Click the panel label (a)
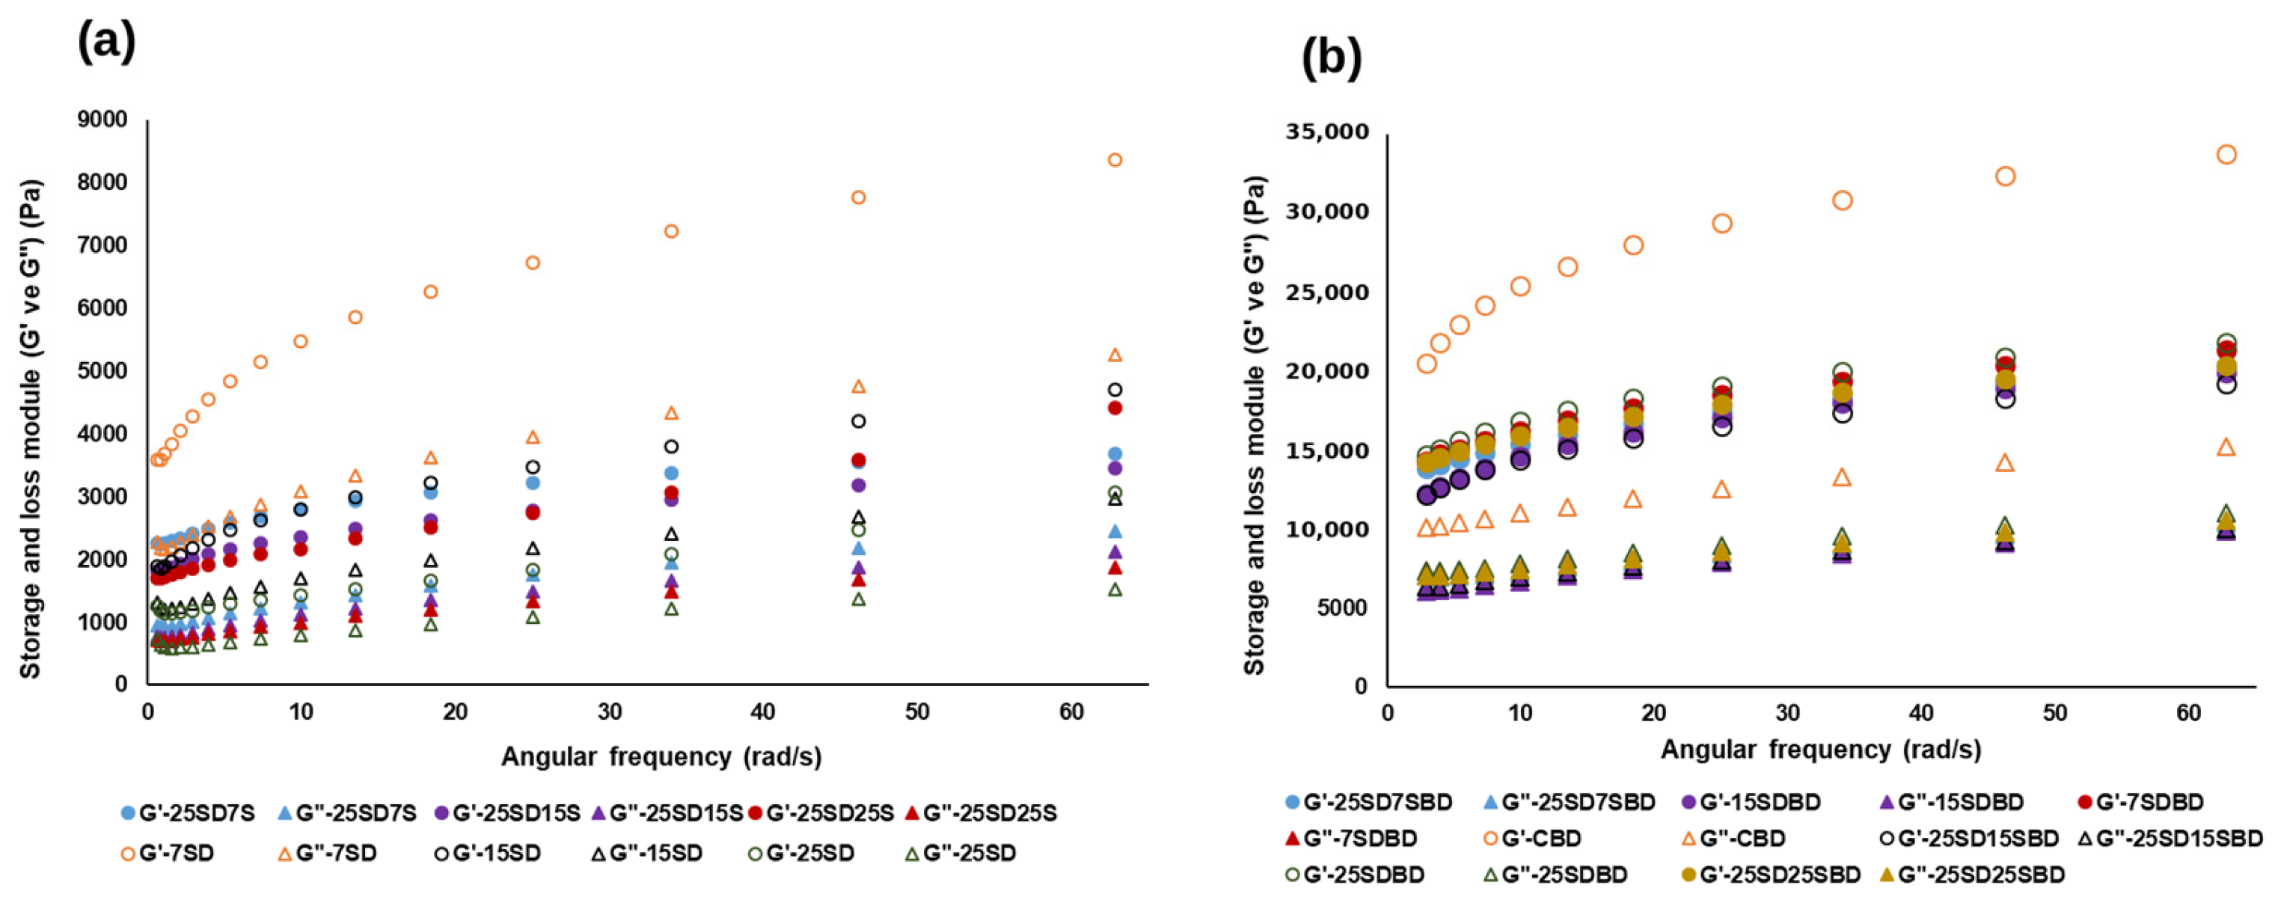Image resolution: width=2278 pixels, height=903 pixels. pyautogui.click(x=106, y=42)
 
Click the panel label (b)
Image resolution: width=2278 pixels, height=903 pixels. pyautogui.click(x=1332, y=58)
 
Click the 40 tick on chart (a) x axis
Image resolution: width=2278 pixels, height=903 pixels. pyautogui.click(x=762, y=712)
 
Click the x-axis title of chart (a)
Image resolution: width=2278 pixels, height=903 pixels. pyautogui.click(x=661, y=757)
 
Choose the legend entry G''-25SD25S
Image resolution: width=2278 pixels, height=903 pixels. pyautogui.click(x=977, y=812)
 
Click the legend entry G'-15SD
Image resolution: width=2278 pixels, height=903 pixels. pyautogui.click(x=486, y=854)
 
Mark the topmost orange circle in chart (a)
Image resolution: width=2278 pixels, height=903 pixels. pyautogui.click(x=1115, y=160)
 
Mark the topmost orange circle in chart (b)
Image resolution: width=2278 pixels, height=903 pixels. pyautogui.click(x=2226, y=155)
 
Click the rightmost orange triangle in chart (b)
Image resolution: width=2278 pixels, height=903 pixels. pyautogui.click(x=2226, y=447)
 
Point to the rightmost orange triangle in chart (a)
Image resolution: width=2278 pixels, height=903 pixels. pyautogui.click(x=1115, y=355)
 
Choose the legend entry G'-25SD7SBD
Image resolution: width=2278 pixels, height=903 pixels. pyautogui.click(x=1369, y=802)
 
